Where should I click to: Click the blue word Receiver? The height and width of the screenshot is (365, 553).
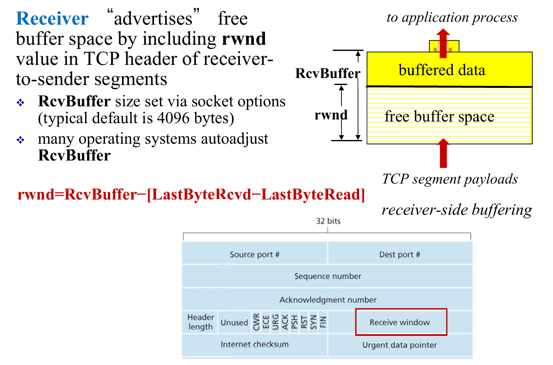point(52,18)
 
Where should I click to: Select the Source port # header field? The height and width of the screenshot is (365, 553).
point(255,255)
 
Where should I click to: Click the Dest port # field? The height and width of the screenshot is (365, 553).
point(399,255)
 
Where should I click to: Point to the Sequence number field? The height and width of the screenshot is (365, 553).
point(327,276)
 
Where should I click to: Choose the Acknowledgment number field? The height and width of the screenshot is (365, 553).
point(327,300)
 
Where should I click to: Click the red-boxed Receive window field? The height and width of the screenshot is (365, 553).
point(400,322)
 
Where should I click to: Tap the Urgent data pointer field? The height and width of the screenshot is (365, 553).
point(399,345)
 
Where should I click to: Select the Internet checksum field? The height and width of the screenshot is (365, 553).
point(254,344)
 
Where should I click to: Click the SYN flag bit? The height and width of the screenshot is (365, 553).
point(314,322)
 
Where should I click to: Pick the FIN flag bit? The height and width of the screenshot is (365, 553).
point(323,322)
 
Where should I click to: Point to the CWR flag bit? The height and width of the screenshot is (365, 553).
point(256,322)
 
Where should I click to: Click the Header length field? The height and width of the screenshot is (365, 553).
point(200,322)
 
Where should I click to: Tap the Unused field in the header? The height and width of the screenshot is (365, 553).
point(234,323)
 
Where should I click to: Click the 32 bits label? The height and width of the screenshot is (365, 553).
point(328,221)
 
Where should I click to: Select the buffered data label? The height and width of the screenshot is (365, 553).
point(442,70)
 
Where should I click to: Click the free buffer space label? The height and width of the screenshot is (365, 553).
point(439,117)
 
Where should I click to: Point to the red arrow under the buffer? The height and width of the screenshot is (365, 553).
point(443,154)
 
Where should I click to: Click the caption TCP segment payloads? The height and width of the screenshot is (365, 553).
point(450,179)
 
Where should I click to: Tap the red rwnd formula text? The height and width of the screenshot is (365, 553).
point(191,195)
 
